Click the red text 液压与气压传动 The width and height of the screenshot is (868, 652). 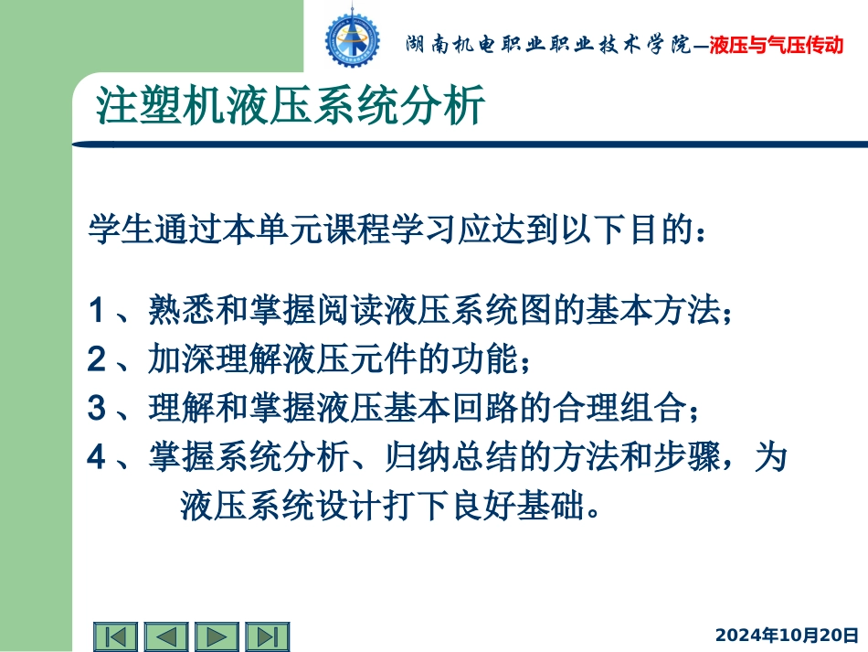pos(776,44)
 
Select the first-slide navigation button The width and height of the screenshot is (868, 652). pos(116,636)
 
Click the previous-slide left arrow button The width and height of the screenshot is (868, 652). pos(166,636)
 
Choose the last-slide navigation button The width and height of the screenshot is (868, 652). pos(267,636)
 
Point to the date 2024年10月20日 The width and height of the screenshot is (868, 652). pos(787,635)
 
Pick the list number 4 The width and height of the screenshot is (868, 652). pos(97,457)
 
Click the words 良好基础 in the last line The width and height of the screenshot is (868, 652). pos(524,505)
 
